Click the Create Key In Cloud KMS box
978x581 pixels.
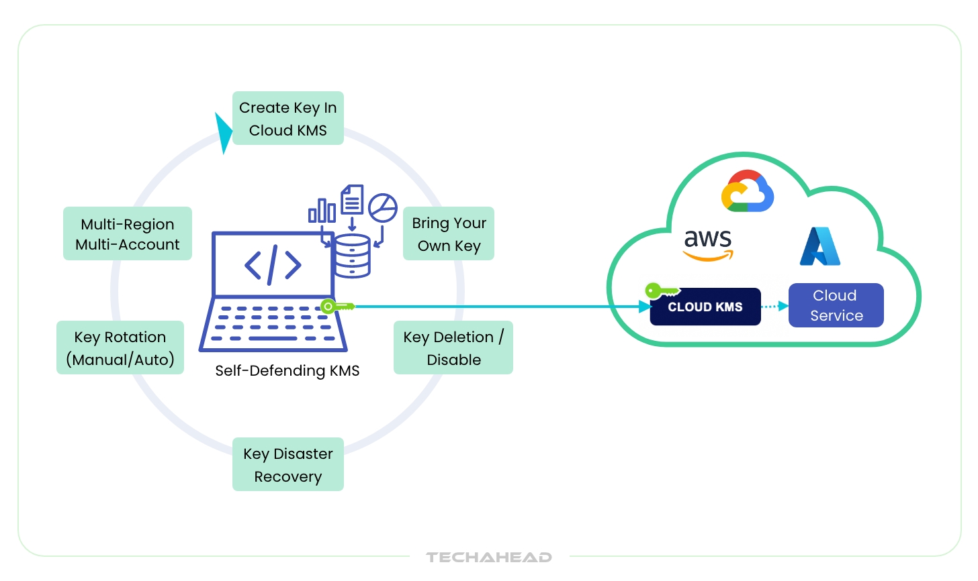point(287,118)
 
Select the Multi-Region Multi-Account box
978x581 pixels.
point(128,233)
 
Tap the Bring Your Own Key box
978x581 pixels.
point(449,233)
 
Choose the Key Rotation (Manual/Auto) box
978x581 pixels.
point(120,348)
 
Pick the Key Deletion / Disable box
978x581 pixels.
point(453,348)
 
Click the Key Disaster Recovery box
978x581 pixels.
point(287,464)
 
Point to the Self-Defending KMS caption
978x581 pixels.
point(287,370)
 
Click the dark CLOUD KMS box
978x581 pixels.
point(705,307)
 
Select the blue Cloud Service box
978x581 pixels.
point(836,305)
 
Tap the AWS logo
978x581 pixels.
point(708,244)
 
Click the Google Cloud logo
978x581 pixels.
point(747,191)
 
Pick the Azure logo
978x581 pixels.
point(820,246)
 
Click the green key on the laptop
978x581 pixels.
point(336,307)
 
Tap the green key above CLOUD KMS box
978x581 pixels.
point(662,291)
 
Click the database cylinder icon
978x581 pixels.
point(352,256)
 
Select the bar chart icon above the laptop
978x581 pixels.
point(322,210)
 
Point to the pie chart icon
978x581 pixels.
point(383,208)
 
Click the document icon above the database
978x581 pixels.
point(352,199)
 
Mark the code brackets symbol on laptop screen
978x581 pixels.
point(273,265)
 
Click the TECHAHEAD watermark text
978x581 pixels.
point(489,557)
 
